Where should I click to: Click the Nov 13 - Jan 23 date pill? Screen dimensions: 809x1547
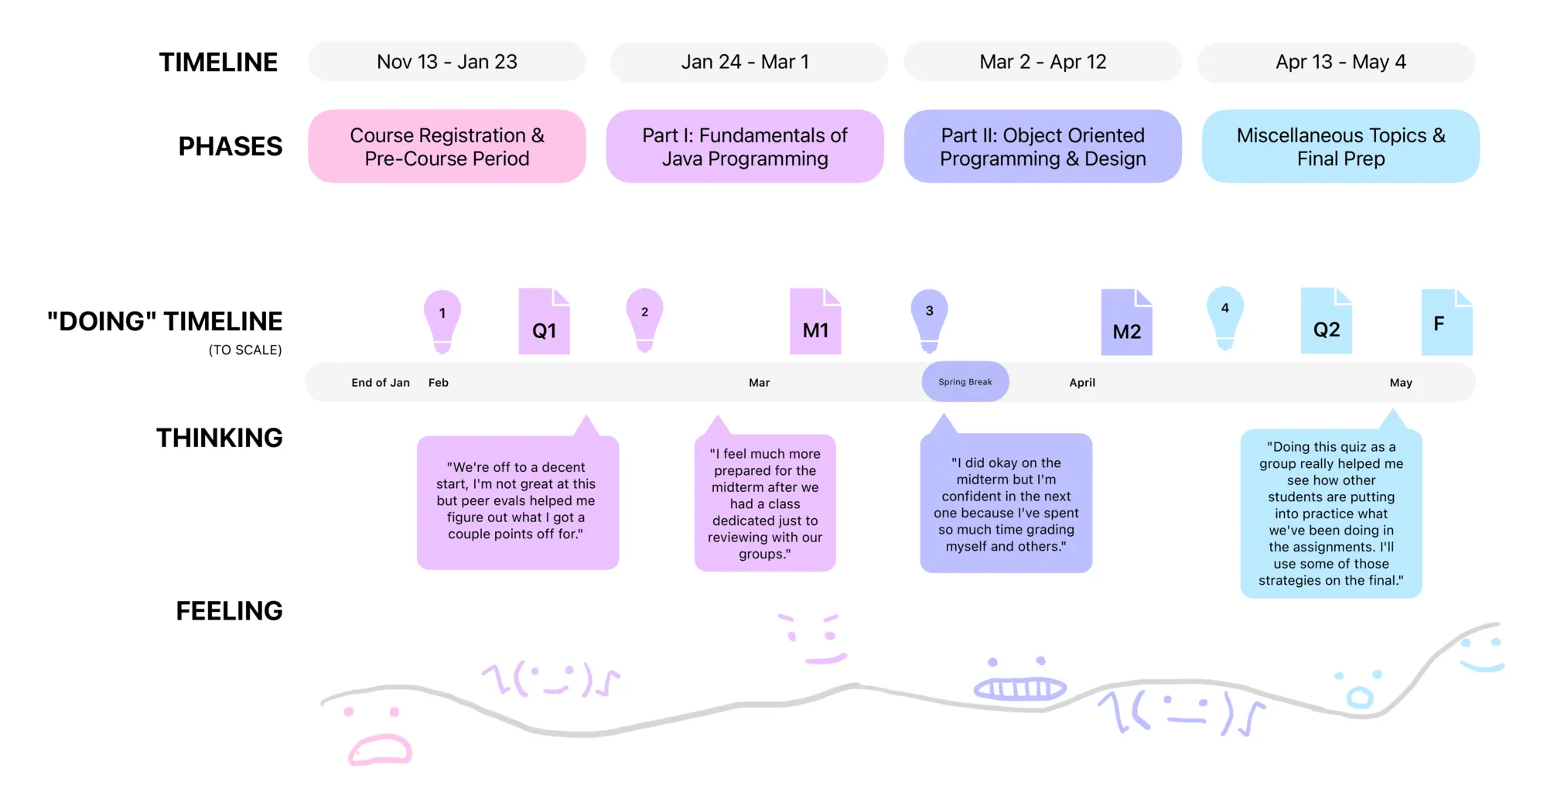click(x=447, y=62)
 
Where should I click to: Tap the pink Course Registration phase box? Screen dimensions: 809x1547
click(x=447, y=146)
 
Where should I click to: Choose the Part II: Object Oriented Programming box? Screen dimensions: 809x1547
click(x=1043, y=146)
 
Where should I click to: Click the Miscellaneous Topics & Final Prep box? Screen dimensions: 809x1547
click(x=1340, y=146)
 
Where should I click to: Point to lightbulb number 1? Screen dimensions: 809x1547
click(x=442, y=319)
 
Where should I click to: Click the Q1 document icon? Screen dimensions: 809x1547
click(x=544, y=323)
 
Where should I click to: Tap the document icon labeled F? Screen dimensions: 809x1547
click(x=1446, y=323)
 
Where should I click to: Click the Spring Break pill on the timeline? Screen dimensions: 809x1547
click(x=965, y=382)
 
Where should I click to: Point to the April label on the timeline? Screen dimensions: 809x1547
click(x=1082, y=383)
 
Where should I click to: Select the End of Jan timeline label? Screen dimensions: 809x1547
click(x=381, y=383)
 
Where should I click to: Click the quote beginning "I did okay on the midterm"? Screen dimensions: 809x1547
click(x=1006, y=504)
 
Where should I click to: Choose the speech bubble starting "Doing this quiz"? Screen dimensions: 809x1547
click(x=1330, y=514)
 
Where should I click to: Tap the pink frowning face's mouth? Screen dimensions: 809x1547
click(x=380, y=750)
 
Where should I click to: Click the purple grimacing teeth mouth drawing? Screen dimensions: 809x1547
click(x=1019, y=688)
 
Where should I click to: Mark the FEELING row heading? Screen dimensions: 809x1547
click(x=229, y=611)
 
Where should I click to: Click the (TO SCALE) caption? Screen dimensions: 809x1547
click(x=245, y=350)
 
